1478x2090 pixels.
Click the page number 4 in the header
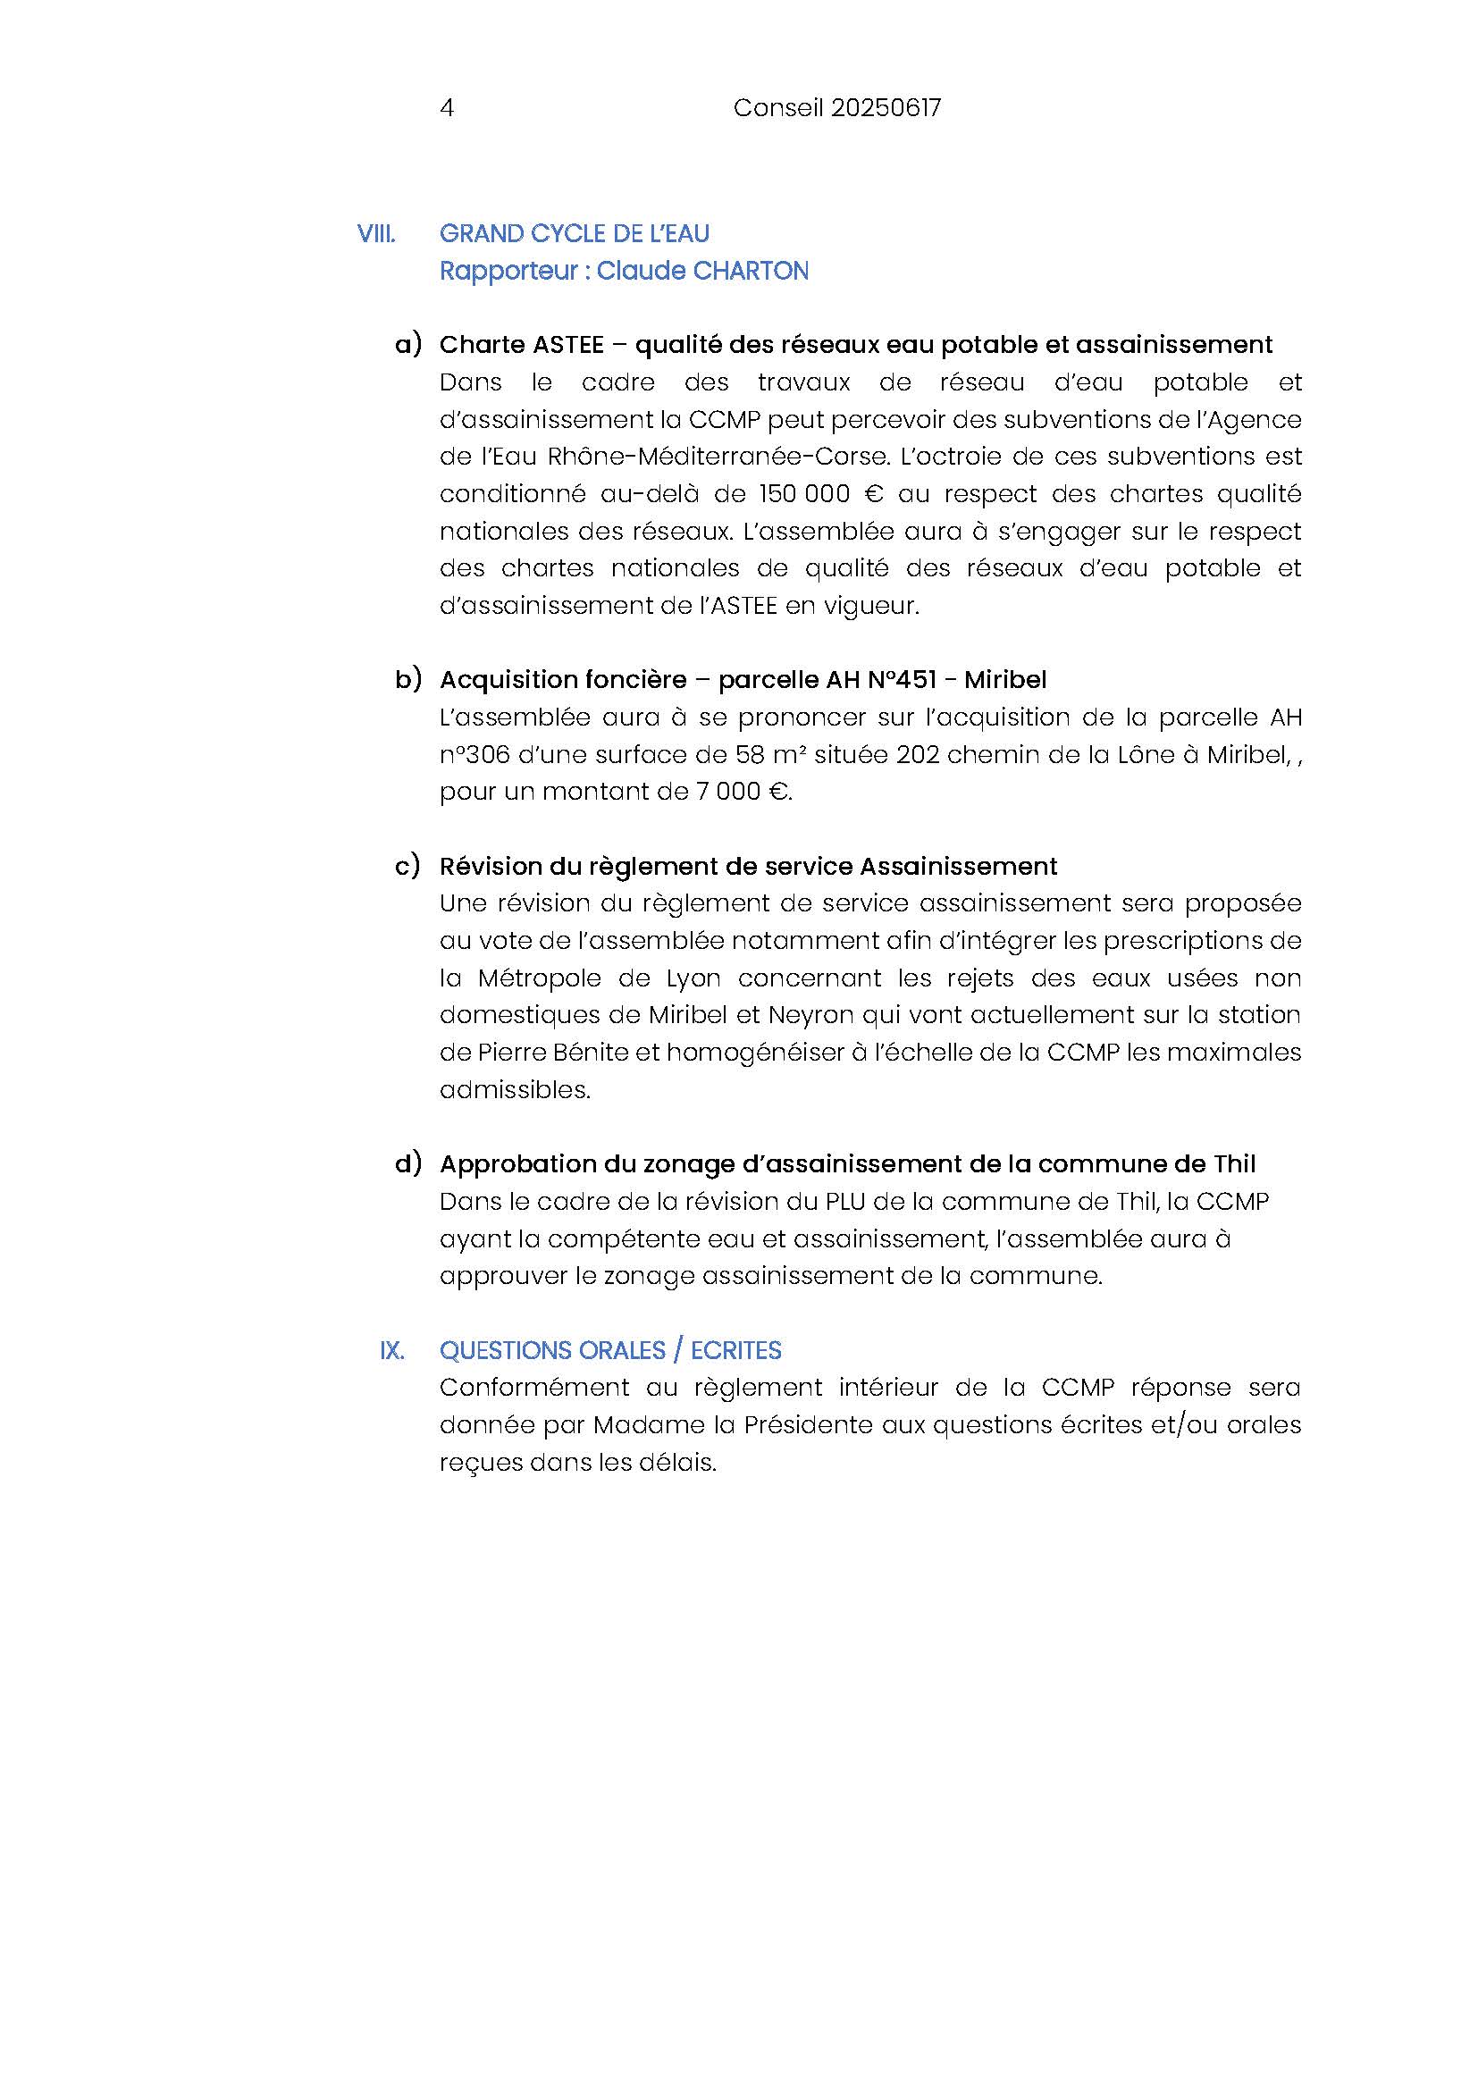tap(447, 108)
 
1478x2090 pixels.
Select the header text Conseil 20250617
tap(836, 108)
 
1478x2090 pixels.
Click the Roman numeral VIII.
tap(376, 234)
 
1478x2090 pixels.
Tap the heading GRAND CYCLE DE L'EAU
tap(575, 234)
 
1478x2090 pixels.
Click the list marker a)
tap(408, 344)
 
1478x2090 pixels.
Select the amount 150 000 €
tap(821, 494)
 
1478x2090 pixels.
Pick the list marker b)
tap(408, 679)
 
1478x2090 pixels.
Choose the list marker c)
tap(407, 866)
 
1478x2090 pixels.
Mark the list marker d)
tap(408, 1163)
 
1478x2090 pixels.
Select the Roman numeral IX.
tap(392, 1351)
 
